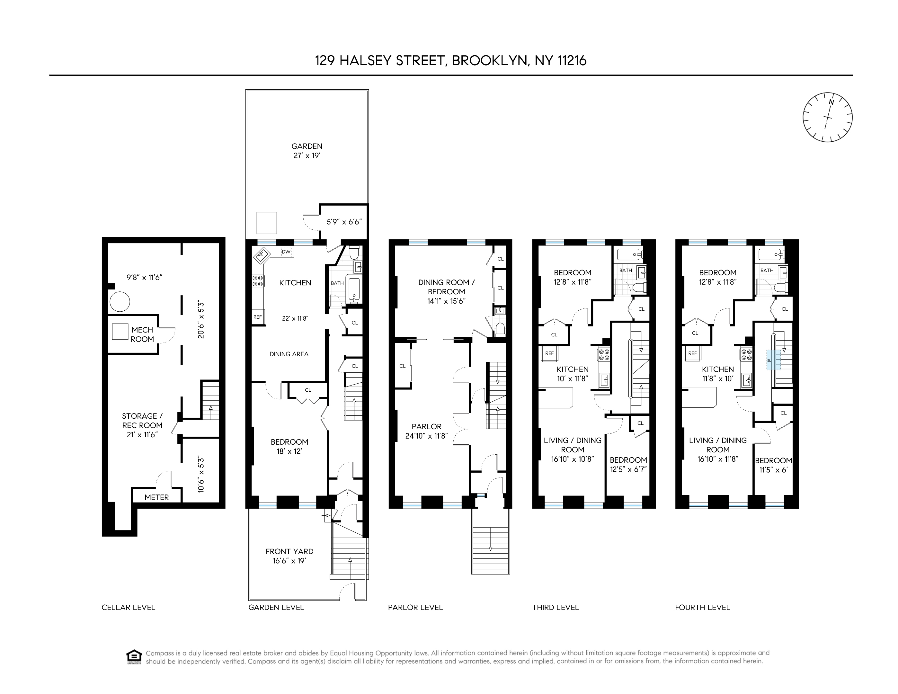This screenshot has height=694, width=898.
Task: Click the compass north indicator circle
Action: point(827,117)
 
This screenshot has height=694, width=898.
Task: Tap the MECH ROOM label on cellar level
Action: point(142,334)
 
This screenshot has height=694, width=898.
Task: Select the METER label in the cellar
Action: point(157,497)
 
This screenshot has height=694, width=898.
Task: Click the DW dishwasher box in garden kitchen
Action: point(286,252)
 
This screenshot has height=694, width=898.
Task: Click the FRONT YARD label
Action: point(289,551)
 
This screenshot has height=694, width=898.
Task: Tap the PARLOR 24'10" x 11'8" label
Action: point(426,431)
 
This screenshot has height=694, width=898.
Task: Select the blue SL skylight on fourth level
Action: point(773,360)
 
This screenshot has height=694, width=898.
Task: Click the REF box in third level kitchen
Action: point(549,353)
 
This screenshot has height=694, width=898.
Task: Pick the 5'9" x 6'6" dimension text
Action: point(344,222)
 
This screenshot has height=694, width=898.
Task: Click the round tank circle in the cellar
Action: point(120,301)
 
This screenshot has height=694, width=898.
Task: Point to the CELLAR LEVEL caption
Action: point(128,607)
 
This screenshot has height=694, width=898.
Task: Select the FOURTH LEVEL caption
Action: point(702,607)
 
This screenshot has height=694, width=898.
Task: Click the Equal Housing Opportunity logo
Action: point(134,657)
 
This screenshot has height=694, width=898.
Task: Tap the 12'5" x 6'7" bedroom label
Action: point(628,465)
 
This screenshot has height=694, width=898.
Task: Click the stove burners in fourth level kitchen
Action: point(746,354)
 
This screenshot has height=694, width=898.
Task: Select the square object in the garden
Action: point(266,223)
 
